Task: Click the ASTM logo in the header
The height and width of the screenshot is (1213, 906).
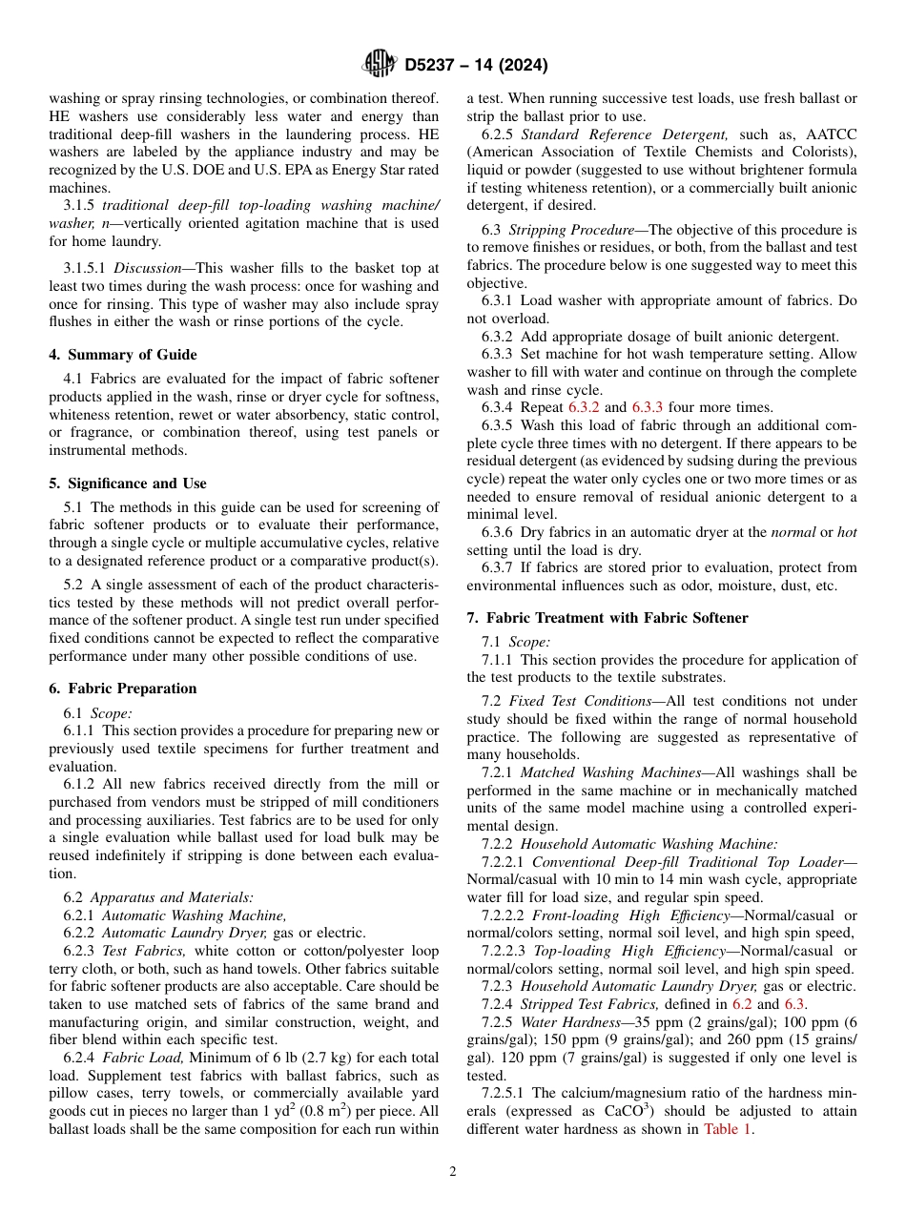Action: pyautogui.click(x=379, y=64)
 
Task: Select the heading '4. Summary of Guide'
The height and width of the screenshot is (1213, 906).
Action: pyautogui.click(x=123, y=355)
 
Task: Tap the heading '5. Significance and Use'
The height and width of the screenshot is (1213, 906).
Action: pyautogui.click(x=128, y=483)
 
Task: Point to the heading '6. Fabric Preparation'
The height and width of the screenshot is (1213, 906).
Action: pyautogui.click(x=123, y=689)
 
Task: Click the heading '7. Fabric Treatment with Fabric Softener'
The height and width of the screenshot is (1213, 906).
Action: pyautogui.click(x=607, y=618)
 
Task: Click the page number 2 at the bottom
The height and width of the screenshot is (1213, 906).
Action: pyautogui.click(x=453, y=1172)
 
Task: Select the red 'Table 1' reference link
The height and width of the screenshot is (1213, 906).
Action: pyautogui.click(x=728, y=1130)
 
